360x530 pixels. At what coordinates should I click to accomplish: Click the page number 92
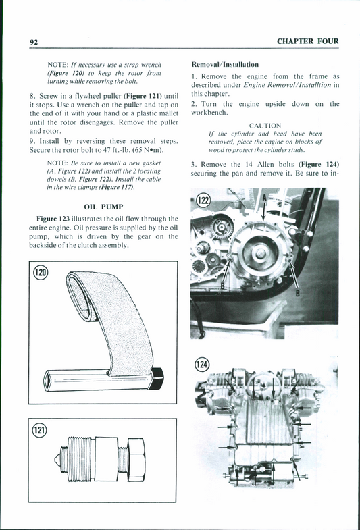[x=33, y=42]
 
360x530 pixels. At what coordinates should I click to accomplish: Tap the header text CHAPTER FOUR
[x=308, y=42]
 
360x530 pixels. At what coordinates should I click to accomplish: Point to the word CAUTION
[x=265, y=126]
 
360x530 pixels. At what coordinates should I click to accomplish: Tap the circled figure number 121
[x=39, y=429]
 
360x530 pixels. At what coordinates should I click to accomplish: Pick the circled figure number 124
[x=202, y=365]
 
